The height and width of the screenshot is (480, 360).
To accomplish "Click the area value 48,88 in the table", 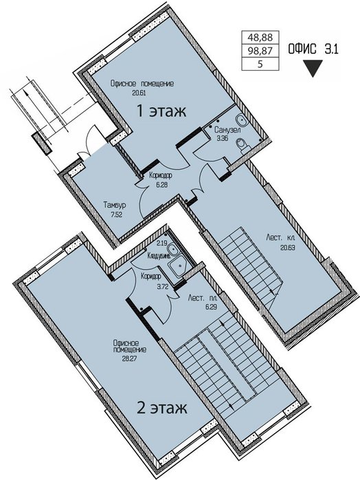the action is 260,37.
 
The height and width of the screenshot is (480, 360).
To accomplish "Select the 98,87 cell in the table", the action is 260,51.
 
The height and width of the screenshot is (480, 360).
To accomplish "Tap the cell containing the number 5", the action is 260,65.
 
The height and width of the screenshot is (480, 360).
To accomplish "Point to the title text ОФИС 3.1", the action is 313,49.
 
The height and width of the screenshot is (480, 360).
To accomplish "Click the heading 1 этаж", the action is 161,111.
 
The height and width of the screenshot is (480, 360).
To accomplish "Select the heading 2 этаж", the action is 161,408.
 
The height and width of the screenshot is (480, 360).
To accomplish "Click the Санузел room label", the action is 227,130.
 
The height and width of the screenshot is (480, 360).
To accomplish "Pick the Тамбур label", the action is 115,205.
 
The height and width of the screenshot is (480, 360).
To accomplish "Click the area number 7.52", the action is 116,214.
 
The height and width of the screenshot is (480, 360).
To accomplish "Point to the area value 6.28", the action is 161,185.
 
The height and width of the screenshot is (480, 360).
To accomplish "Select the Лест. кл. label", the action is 280,237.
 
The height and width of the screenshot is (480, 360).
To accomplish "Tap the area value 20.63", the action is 287,247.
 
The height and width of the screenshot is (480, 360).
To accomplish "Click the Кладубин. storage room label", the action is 159,255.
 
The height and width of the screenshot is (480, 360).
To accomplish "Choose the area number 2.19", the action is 161,244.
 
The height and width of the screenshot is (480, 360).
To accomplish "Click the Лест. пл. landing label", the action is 203,297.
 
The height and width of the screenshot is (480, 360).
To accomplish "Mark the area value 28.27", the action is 129,358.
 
